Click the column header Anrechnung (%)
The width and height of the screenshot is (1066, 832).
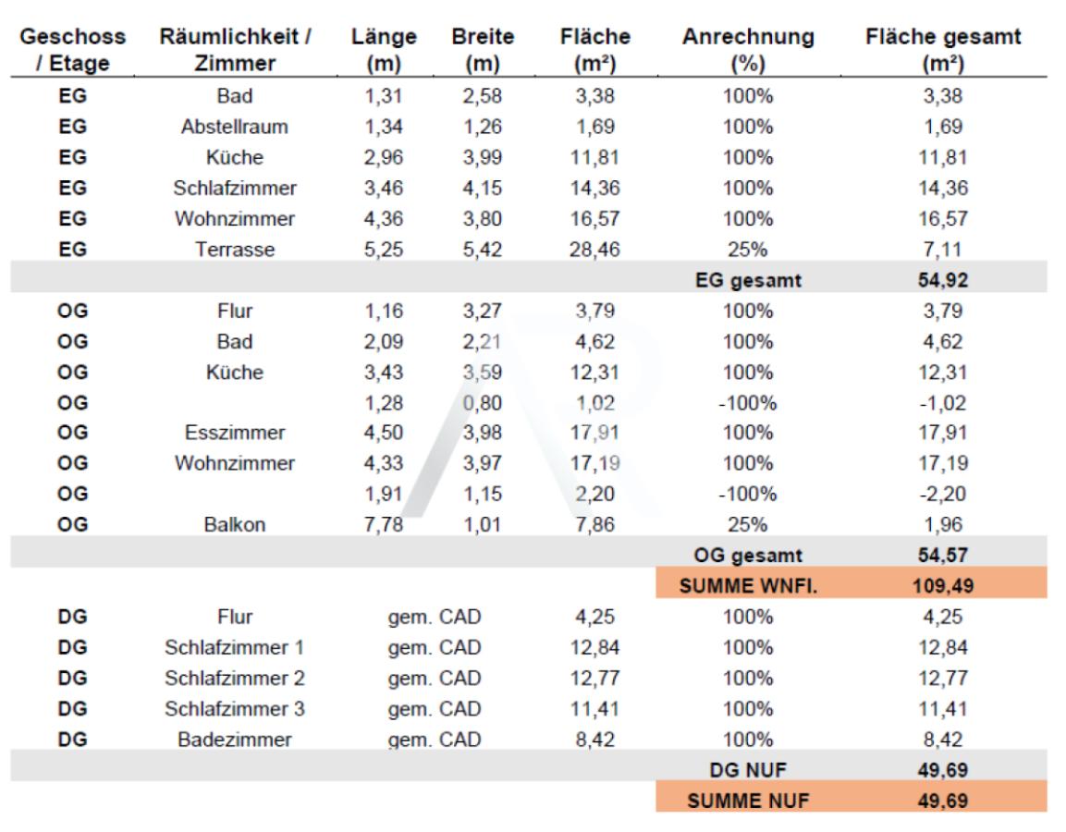click(x=749, y=51)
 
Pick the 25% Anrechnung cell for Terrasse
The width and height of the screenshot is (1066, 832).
click(x=748, y=249)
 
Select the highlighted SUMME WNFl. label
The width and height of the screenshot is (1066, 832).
click(x=748, y=585)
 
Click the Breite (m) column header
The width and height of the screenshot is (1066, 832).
click(x=483, y=51)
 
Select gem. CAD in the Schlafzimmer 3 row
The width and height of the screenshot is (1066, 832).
click(x=435, y=709)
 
